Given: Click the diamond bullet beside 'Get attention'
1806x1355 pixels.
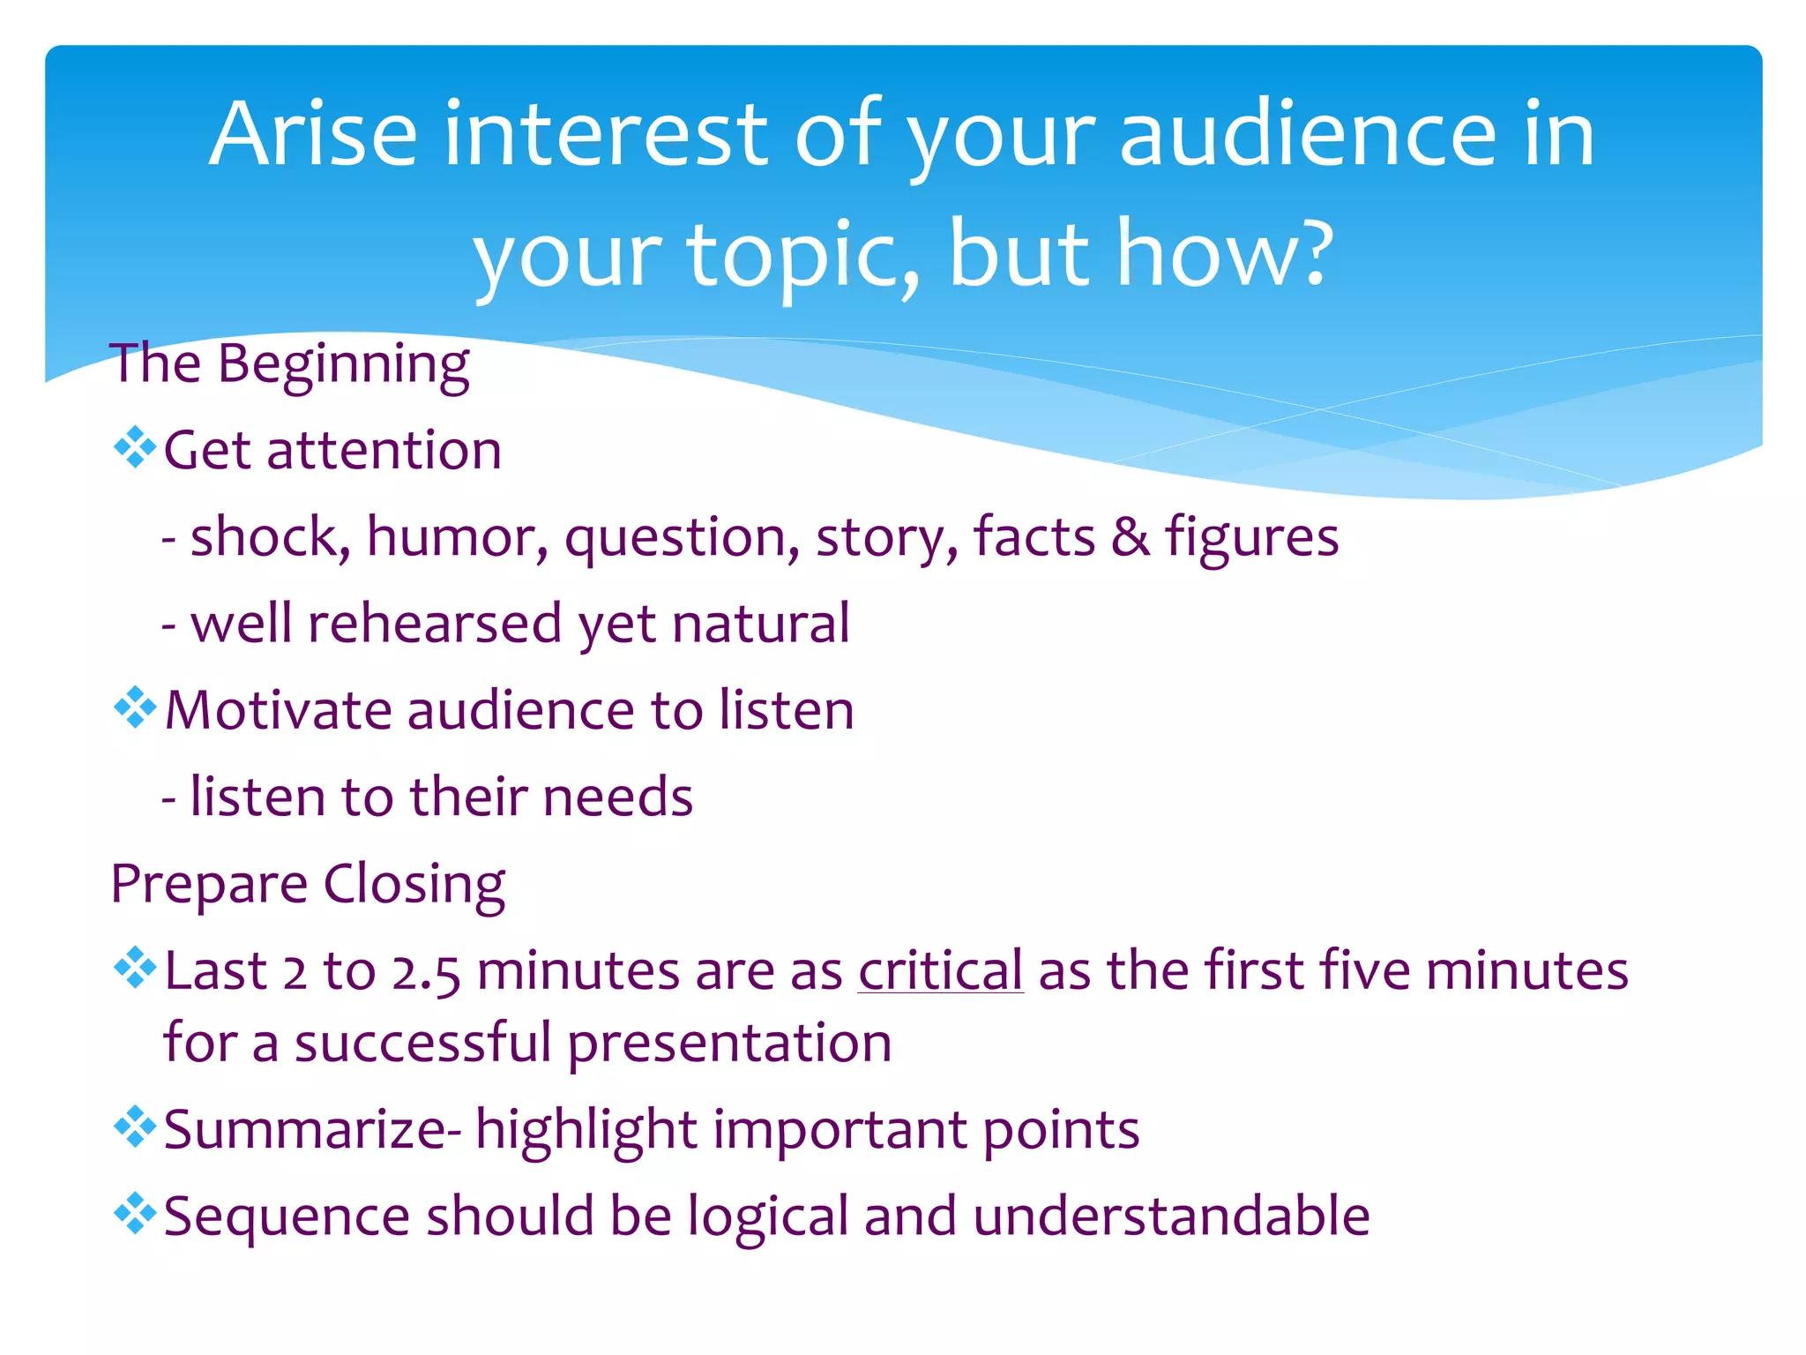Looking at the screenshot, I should tap(135, 447).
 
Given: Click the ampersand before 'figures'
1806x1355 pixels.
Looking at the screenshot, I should tap(1131, 536).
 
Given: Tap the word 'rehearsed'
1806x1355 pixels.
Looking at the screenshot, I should tap(435, 624).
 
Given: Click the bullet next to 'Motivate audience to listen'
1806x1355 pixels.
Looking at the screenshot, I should tap(135, 707).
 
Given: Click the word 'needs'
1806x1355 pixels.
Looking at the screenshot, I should tap(617, 797).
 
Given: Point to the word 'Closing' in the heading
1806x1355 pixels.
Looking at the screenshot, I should tap(414, 884).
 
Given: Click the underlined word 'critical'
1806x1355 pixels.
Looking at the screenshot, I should tap(940, 970).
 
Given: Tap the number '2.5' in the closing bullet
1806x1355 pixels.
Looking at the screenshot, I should tap(425, 972).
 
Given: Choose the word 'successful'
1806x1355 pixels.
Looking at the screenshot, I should tap(422, 1043).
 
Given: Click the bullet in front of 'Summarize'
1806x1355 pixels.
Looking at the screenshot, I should tap(135, 1127).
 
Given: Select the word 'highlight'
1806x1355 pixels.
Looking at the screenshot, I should tap(586, 1130).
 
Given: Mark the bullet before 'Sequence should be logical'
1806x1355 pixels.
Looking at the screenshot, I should tap(135, 1213).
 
